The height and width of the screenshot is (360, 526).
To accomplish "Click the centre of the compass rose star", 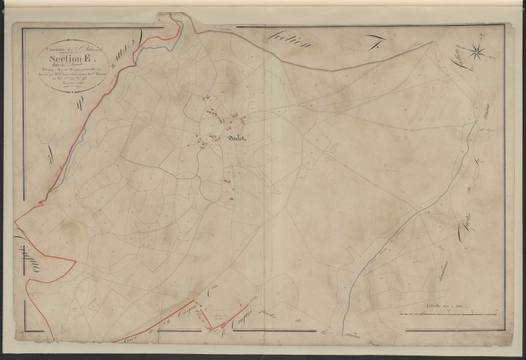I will (477, 51).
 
